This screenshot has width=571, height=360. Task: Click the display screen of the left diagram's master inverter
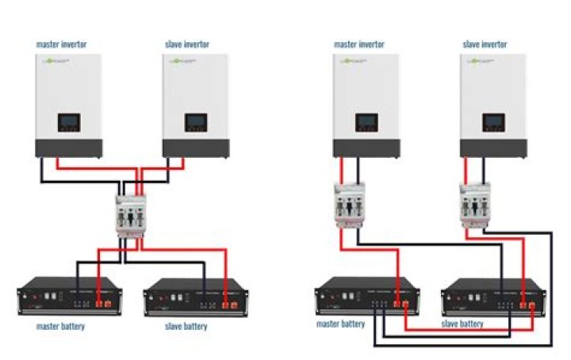pos(68,123)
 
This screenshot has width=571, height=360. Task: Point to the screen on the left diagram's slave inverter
pos(196,123)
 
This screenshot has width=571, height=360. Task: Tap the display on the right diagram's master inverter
pos(366,123)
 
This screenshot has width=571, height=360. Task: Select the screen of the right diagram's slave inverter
pos(493,123)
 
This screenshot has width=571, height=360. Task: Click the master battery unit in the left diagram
pos(67,298)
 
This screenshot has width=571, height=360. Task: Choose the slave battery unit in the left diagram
pos(192,298)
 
